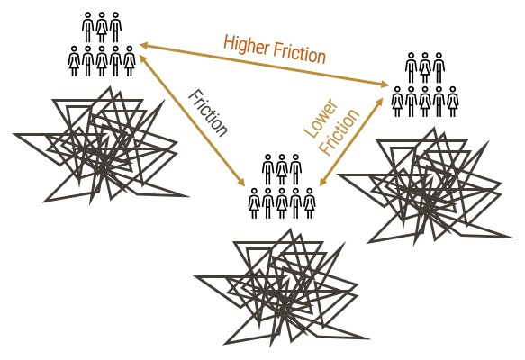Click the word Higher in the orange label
[247, 46]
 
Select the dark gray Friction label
[208, 113]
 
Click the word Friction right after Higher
[299, 53]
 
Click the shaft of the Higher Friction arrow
[264, 65]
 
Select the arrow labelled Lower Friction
[351, 142]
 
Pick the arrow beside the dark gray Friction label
[192, 121]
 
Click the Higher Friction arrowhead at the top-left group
[144, 46]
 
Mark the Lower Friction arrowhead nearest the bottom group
[321, 183]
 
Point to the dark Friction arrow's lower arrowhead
[241, 182]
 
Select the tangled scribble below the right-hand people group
[425, 186]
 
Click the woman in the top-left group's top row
[102, 27]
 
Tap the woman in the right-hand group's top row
[425, 67]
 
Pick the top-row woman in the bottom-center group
[282, 169]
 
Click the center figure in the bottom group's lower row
[282, 203]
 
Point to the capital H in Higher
[228, 43]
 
